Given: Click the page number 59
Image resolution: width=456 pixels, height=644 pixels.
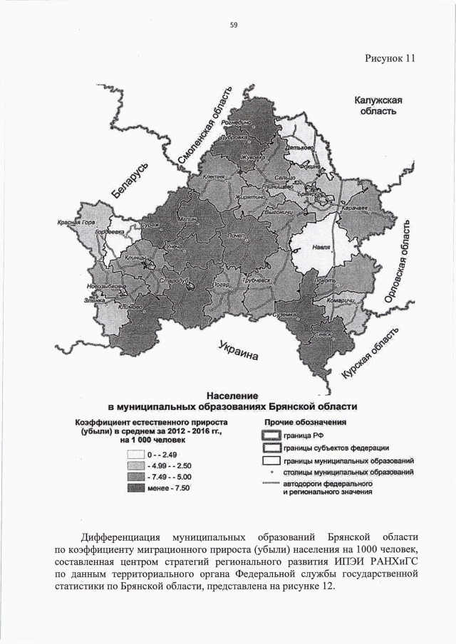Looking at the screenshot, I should point(233,25).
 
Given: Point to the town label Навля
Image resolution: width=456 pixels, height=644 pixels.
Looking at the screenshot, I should point(323,248).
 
